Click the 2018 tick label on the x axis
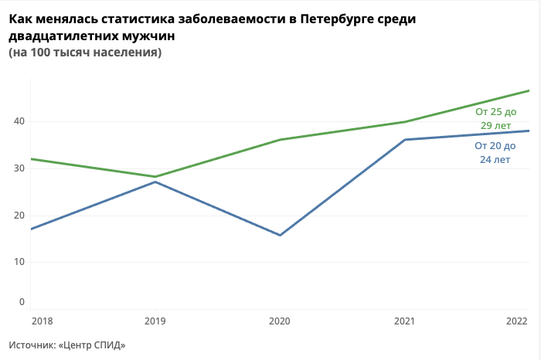coord(42,321)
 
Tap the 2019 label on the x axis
coord(155,321)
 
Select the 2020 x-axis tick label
coord(280,321)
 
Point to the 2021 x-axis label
coord(405,321)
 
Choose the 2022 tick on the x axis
coord(517,321)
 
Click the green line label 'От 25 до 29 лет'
coord(495,118)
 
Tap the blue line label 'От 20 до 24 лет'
coord(495,152)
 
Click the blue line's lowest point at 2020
coord(280,235)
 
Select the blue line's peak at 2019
coord(155,182)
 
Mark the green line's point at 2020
coord(280,140)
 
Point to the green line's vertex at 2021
coord(405,121)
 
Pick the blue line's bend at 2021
coord(405,140)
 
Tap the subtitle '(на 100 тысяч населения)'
coord(85,53)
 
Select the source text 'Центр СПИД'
coord(92,345)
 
